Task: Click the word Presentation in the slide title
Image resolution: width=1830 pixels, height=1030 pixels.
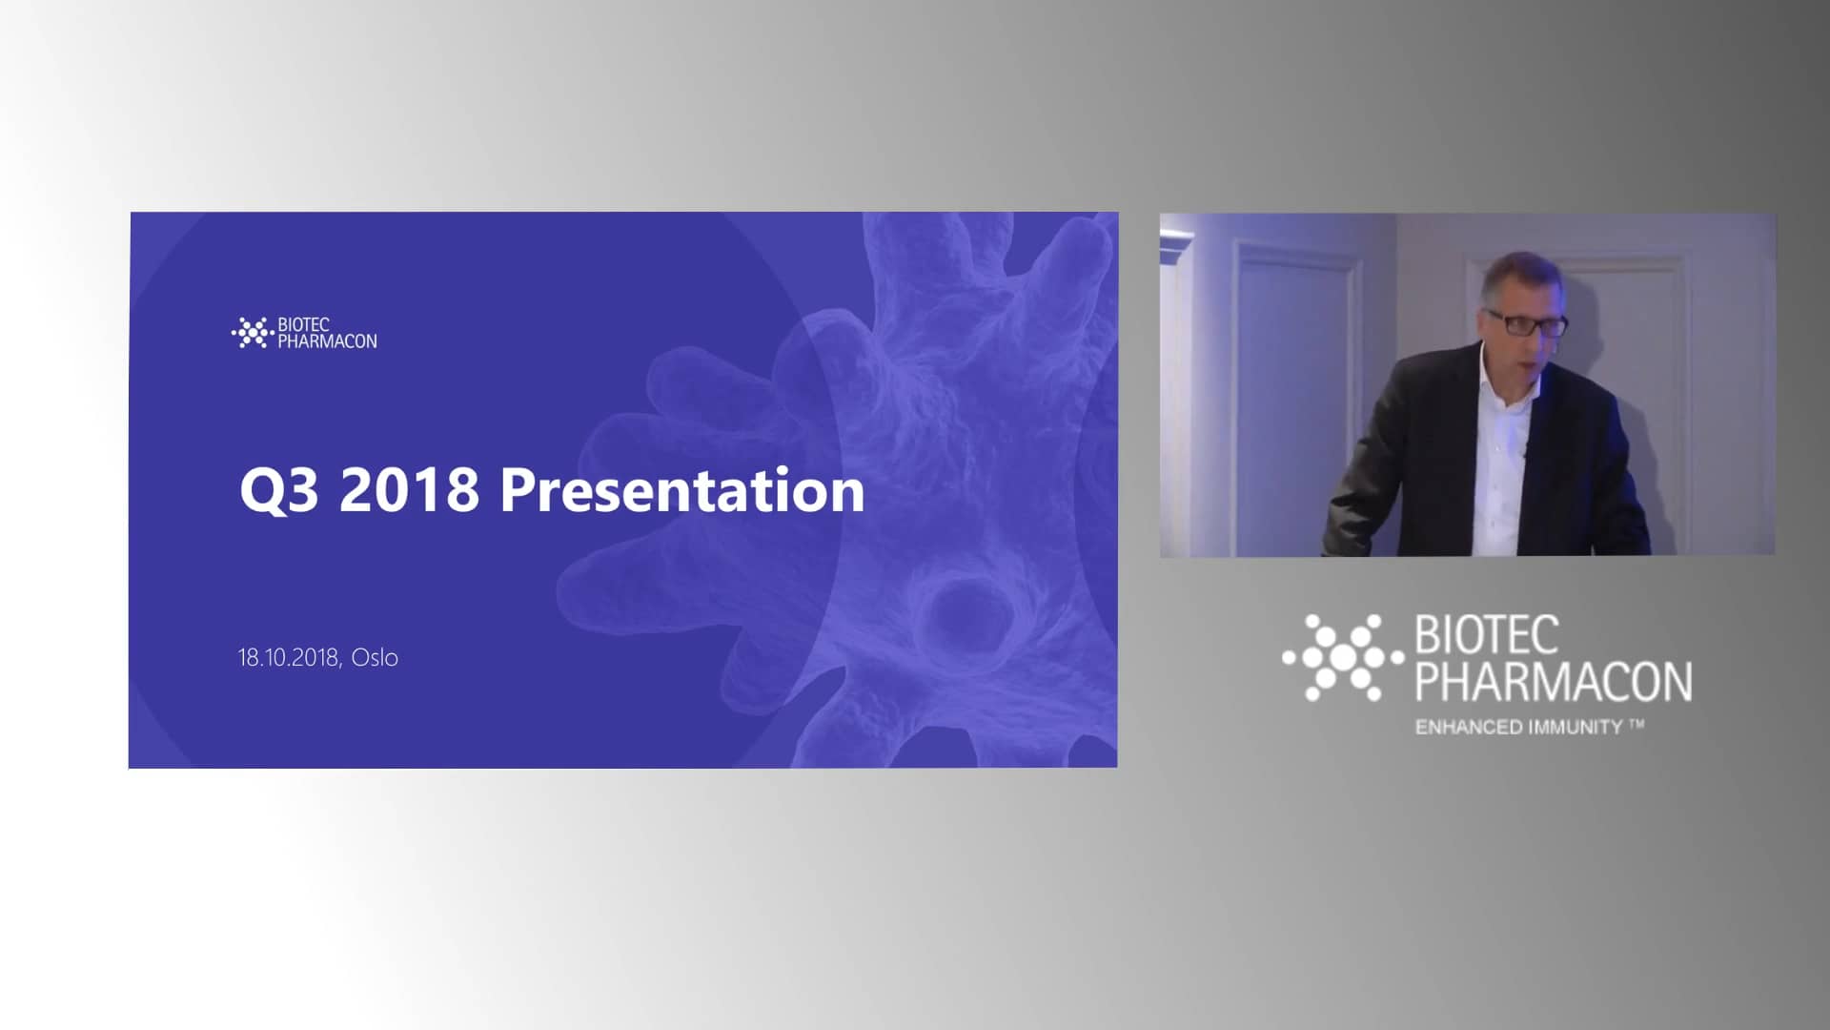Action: (x=682, y=491)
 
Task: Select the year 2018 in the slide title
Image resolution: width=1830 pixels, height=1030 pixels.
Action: (x=409, y=491)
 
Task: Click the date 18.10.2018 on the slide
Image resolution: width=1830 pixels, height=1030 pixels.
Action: (x=288, y=657)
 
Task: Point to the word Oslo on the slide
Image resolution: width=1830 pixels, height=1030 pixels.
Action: (x=375, y=657)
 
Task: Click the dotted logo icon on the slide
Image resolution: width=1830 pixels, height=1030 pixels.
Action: (x=253, y=333)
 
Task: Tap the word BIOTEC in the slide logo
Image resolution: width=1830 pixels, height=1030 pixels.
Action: (x=303, y=325)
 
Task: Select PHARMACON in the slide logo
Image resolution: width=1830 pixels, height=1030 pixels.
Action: (x=327, y=341)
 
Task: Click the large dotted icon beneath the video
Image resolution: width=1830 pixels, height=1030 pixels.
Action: (x=1343, y=658)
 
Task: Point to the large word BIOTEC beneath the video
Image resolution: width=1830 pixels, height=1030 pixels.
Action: (x=1487, y=636)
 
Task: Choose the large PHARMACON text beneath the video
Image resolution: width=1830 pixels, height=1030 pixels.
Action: (x=1554, y=681)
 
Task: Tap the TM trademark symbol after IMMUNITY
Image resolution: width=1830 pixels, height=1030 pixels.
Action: (x=1637, y=725)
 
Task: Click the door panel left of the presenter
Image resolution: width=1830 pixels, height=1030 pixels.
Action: (x=1294, y=396)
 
